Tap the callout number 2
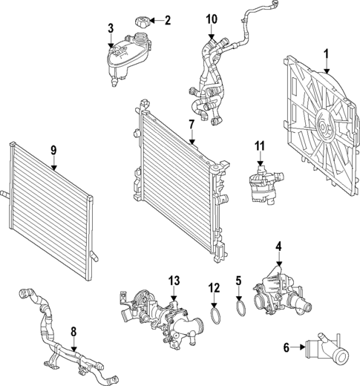tap(167, 20)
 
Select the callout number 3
tap(111, 29)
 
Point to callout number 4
tap(279, 246)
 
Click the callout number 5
tap(239, 281)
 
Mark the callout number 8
tap(73, 332)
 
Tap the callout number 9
tap(53, 150)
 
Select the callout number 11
tap(260, 145)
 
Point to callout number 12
tap(214, 287)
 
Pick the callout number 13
tap(174, 280)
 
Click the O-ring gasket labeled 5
tap(240, 309)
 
